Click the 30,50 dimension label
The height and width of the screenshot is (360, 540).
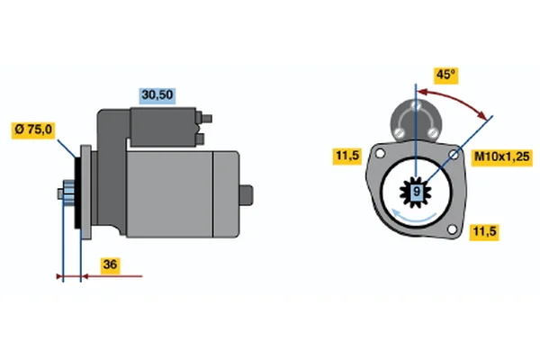[x=157, y=95]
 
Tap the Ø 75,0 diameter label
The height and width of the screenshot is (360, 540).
[x=33, y=130]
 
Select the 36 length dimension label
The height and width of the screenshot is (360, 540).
[x=110, y=265]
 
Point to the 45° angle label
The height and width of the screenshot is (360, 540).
[x=446, y=75]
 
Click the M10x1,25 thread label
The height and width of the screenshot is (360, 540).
[x=502, y=157]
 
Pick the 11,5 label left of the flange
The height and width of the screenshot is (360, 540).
[x=347, y=156]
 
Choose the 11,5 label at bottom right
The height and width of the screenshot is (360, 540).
[x=484, y=232]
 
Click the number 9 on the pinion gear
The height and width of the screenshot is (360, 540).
[x=417, y=191]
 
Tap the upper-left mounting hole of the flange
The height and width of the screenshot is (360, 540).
[x=380, y=153]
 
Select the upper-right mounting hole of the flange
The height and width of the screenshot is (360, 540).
[x=454, y=155]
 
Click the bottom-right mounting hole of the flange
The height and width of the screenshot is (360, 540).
[x=452, y=229]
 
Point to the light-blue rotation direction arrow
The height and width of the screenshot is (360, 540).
[x=413, y=216]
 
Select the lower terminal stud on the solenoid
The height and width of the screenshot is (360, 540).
[x=200, y=139]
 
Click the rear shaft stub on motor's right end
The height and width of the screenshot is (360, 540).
[x=247, y=195]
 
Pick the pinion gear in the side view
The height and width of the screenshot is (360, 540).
[x=67, y=193]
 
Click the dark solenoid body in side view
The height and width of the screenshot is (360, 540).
[x=163, y=127]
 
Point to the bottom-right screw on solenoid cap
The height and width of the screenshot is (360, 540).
[x=432, y=132]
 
